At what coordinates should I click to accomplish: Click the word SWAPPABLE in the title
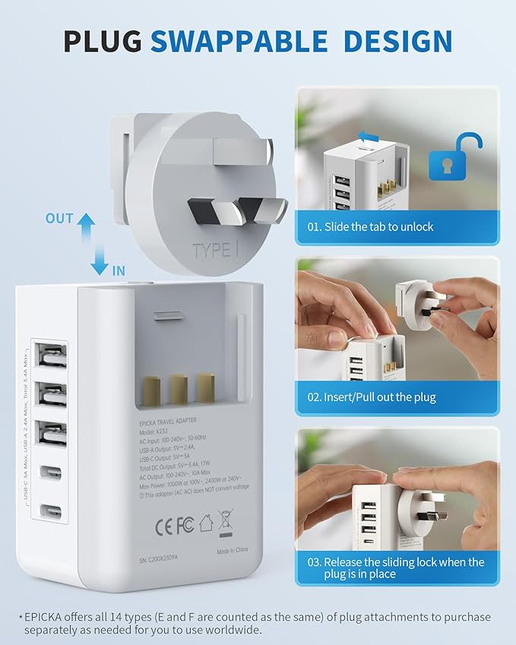tap(237, 41)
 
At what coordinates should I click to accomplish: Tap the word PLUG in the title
tap(103, 41)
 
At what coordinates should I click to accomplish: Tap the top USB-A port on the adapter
tap(50, 356)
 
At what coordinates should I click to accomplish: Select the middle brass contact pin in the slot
tap(179, 388)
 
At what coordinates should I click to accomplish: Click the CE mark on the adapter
tap(164, 523)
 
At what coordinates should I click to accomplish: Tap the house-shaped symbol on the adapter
tap(206, 523)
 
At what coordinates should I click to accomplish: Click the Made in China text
tap(234, 552)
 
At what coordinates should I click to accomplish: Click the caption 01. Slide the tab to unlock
tap(371, 226)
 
